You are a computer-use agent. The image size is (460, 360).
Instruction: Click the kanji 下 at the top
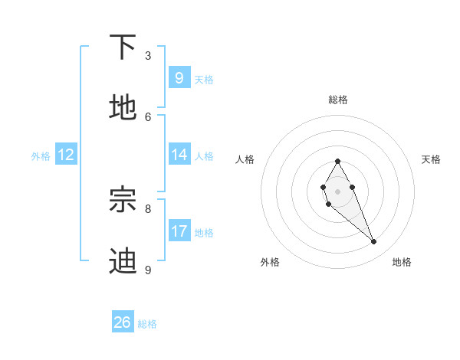click(x=123, y=47)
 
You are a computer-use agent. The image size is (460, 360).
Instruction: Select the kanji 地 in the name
click(x=123, y=108)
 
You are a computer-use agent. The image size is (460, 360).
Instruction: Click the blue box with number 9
click(x=179, y=77)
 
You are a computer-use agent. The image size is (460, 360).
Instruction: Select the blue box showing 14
click(x=179, y=155)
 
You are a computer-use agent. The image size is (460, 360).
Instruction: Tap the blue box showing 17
click(x=179, y=231)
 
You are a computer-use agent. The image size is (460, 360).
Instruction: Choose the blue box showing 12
click(x=65, y=155)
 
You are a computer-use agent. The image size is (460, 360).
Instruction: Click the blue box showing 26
click(x=122, y=322)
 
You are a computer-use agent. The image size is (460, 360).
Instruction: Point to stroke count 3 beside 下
click(x=148, y=55)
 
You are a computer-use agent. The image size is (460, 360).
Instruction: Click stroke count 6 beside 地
click(x=148, y=116)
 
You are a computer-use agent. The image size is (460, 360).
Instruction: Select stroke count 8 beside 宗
click(x=148, y=208)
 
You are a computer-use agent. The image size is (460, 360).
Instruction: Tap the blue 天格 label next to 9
click(x=204, y=79)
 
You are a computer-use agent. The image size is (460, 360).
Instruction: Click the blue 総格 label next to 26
click(x=147, y=324)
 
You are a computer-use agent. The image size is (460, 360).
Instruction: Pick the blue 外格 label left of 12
click(x=41, y=156)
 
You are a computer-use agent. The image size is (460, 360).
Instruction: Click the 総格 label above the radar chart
click(x=337, y=100)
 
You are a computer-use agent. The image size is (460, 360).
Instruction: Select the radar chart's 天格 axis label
click(x=431, y=159)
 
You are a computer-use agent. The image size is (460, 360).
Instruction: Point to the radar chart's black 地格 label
click(x=402, y=263)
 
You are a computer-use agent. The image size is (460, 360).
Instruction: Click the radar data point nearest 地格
click(x=374, y=242)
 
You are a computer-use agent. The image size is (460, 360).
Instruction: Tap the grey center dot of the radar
click(x=337, y=191)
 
